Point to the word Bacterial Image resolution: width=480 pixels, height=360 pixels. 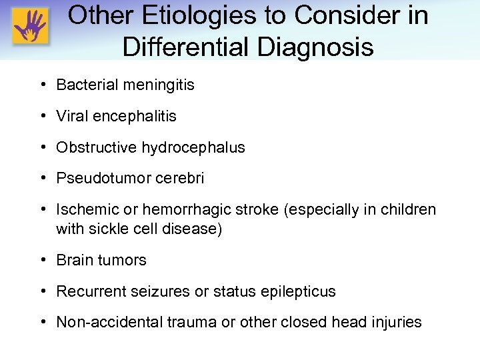[x=83, y=85]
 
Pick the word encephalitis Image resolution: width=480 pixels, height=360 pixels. [x=135, y=116]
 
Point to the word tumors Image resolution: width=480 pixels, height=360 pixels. [x=123, y=260]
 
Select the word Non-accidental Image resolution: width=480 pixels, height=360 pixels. [x=105, y=323]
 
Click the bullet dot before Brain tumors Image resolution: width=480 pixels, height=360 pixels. [x=43, y=260]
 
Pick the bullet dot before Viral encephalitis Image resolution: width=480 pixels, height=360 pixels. [x=43, y=116]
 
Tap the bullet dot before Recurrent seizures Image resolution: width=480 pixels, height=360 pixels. [x=43, y=291]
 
